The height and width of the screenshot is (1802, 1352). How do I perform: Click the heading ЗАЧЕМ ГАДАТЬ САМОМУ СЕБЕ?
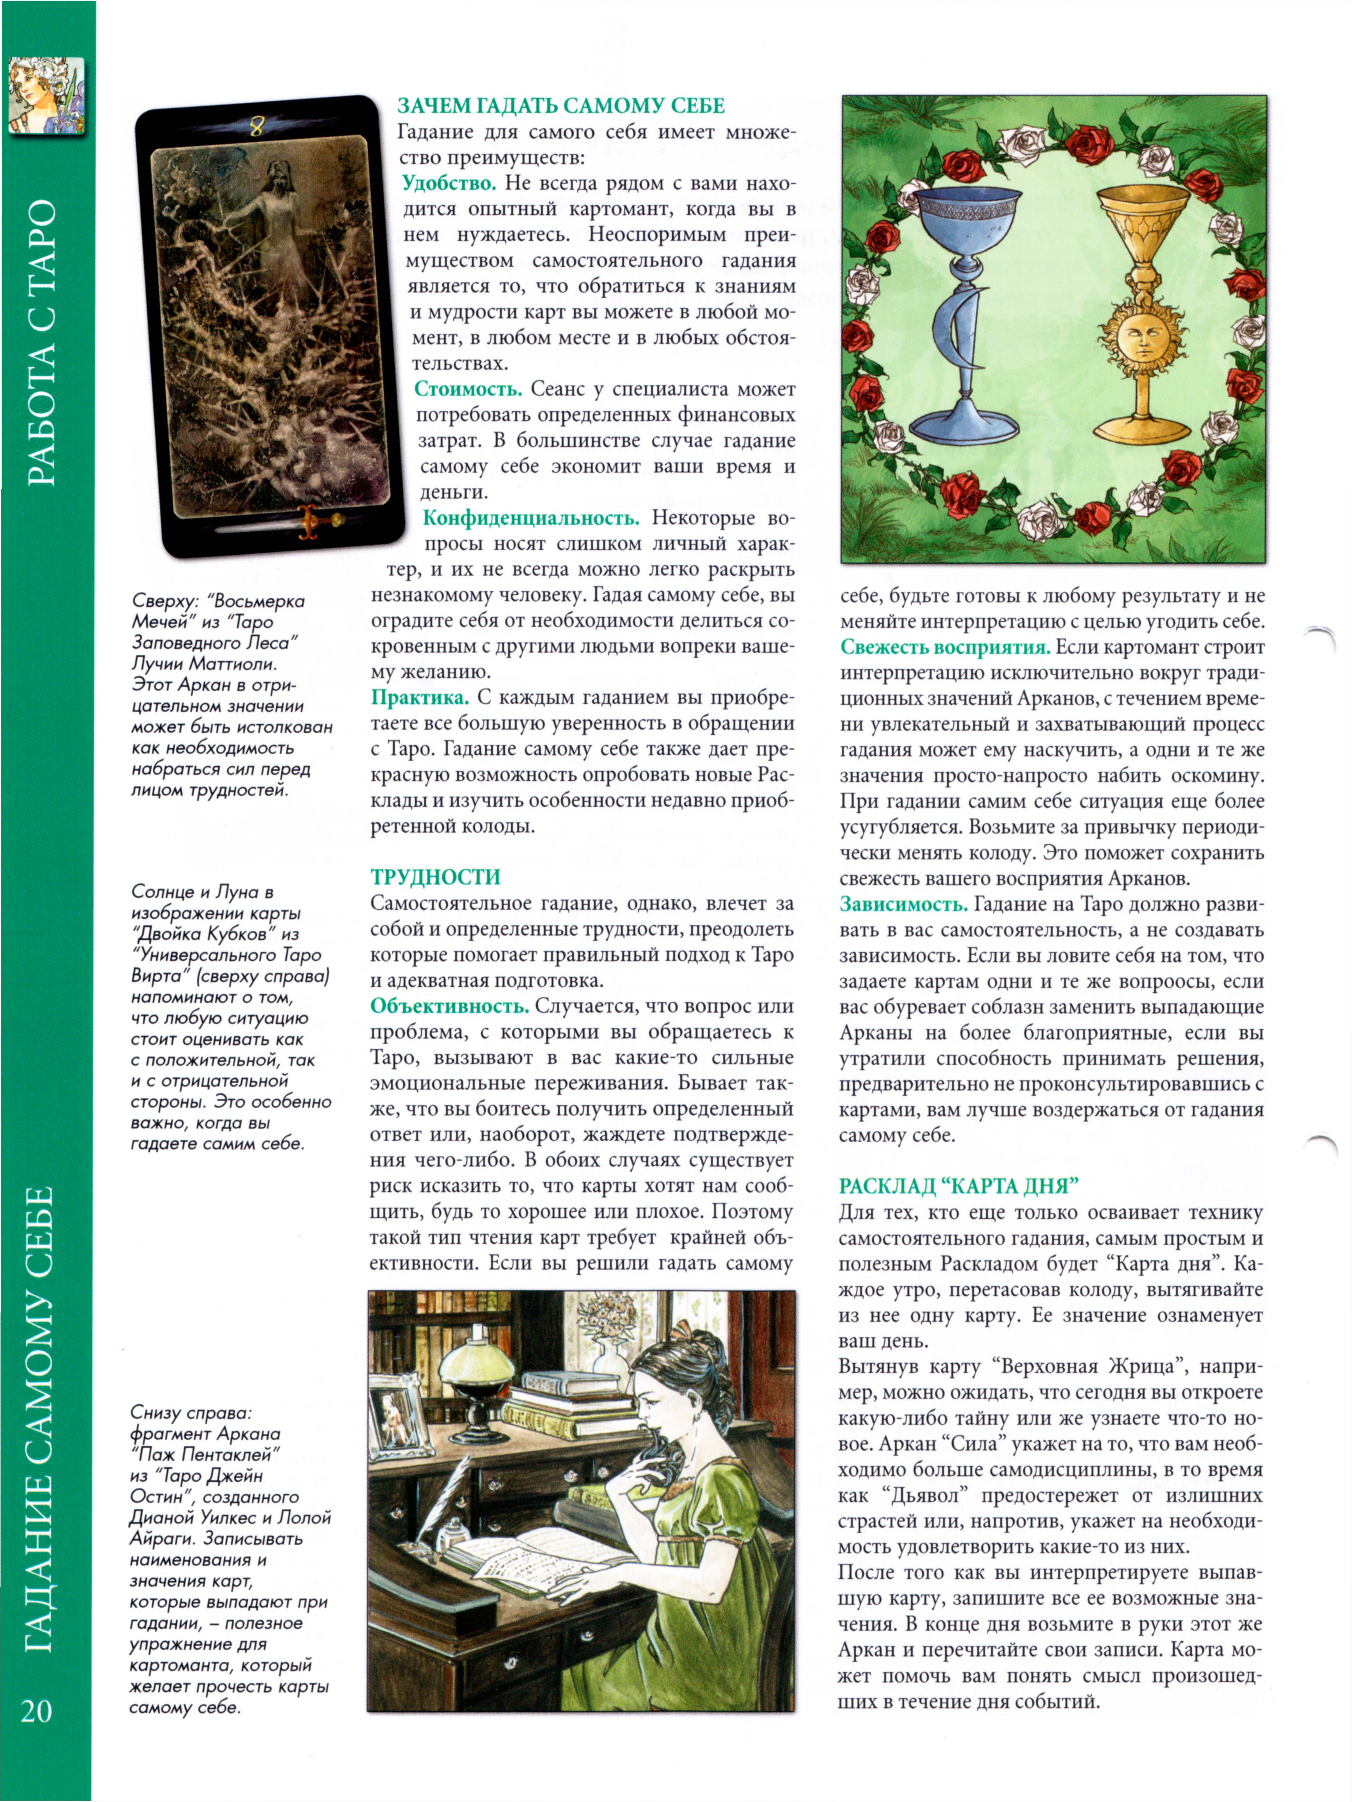click(x=560, y=106)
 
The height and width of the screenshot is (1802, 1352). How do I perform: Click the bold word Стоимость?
click(x=467, y=389)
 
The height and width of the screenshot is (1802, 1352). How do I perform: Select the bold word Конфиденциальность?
click(x=531, y=518)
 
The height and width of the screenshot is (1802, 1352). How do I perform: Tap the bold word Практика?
click(x=420, y=698)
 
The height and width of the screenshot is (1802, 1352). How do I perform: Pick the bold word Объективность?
click(x=450, y=1007)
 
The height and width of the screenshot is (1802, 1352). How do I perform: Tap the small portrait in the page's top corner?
click(x=46, y=95)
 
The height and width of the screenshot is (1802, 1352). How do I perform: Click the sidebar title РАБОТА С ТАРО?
click(x=42, y=342)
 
